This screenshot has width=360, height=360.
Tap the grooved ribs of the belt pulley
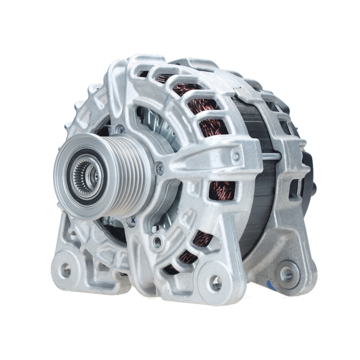(133, 176)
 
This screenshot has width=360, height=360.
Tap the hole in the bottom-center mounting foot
(216, 283)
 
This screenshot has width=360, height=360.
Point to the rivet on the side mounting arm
(236, 157)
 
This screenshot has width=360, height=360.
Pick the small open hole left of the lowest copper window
(157, 242)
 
